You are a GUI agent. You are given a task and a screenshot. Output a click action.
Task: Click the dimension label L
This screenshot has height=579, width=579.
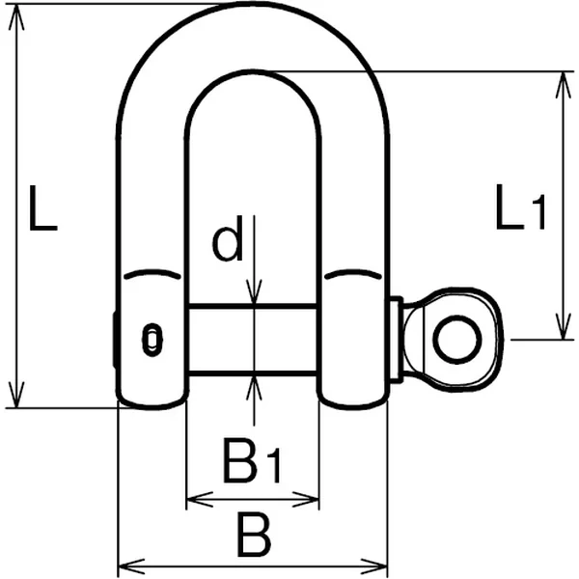[x=42, y=208]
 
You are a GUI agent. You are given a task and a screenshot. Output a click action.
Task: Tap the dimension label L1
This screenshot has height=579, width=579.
[x=521, y=207]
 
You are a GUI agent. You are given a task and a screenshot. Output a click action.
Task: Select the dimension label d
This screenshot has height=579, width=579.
[x=228, y=238]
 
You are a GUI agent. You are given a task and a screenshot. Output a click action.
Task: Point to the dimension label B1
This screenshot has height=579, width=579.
[x=252, y=460]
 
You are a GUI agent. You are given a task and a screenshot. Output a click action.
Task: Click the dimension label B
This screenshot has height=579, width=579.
[x=255, y=534]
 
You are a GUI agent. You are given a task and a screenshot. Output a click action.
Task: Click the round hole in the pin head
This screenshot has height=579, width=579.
[x=457, y=340]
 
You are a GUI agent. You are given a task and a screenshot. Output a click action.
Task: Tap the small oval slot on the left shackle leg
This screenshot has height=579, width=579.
[x=152, y=340]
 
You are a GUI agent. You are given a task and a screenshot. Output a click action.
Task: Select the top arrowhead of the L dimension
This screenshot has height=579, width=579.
[x=16, y=16]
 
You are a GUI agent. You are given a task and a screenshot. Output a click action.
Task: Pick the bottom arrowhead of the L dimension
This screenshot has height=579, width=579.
[x=16, y=395]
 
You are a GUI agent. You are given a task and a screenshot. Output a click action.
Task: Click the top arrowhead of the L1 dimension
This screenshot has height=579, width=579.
[x=564, y=85]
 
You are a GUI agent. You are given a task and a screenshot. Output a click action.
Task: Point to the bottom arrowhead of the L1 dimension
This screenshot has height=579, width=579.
[x=564, y=326]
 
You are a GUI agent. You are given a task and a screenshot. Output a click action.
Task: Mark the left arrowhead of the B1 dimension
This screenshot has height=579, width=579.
[x=201, y=500]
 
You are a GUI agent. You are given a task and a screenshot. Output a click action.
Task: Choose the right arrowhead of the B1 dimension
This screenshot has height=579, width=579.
[x=305, y=500]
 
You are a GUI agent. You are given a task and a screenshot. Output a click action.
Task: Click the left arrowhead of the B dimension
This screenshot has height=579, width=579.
[x=131, y=566]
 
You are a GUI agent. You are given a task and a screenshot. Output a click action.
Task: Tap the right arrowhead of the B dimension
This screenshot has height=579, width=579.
[x=373, y=566]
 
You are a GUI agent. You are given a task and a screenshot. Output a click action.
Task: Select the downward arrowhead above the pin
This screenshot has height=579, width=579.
[x=254, y=292]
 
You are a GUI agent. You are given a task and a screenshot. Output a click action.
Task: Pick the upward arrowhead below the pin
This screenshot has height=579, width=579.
[x=254, y=388]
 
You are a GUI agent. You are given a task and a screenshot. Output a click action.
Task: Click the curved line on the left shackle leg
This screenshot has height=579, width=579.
[x=152, y=274]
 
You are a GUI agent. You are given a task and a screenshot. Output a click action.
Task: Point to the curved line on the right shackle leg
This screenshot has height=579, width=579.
[x=353, y=274]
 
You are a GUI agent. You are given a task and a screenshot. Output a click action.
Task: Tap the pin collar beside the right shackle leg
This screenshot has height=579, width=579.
[x=397, y=340]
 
